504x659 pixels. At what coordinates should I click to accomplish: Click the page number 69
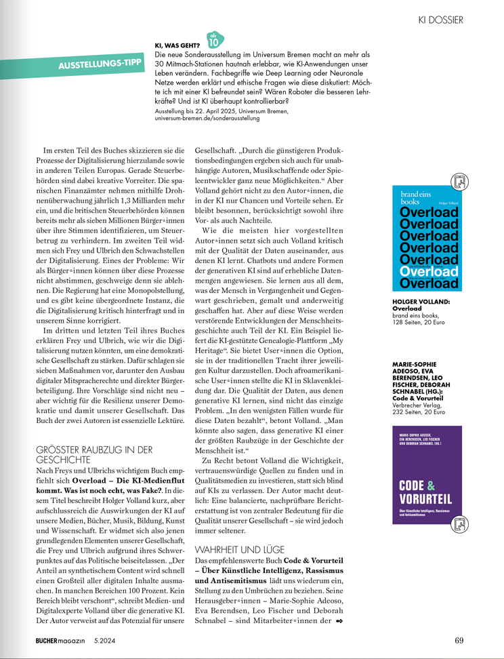click(459, 640)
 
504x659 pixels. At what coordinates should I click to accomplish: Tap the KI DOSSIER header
click(440, 20)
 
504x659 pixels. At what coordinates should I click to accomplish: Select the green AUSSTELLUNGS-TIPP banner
click(100, 66)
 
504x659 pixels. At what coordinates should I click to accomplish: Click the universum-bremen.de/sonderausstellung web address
click(207, 118)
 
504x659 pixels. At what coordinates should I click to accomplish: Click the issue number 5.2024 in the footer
click(107, 640)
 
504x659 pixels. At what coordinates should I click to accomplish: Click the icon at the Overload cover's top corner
click(460, 181)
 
